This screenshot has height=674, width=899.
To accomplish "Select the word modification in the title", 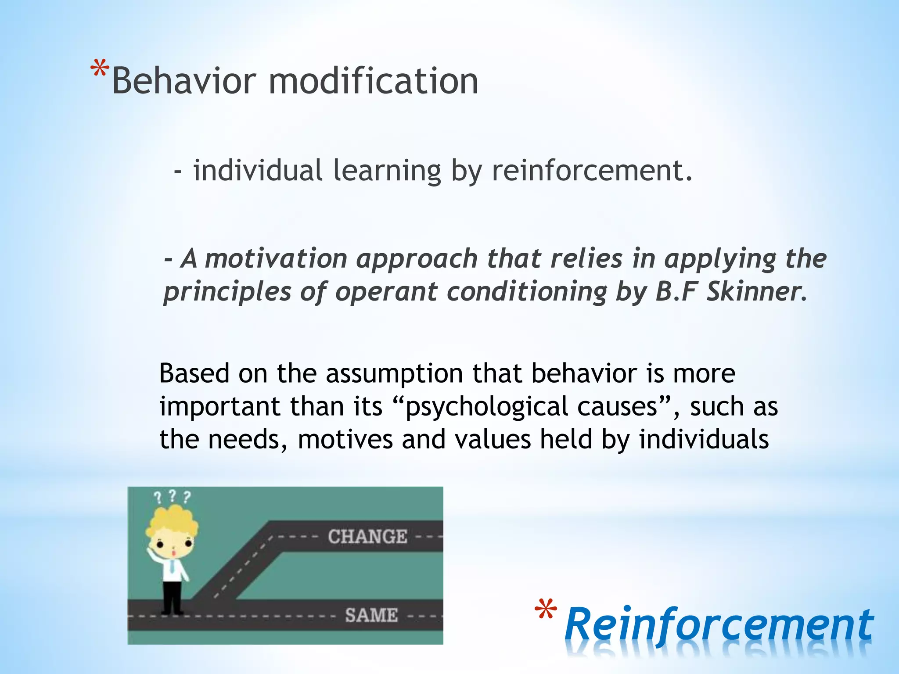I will [373, 81].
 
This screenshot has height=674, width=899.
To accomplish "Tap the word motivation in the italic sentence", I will [276, 259].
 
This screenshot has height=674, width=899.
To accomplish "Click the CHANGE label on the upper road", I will [367, 537].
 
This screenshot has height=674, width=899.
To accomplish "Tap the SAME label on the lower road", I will [371, 615].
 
